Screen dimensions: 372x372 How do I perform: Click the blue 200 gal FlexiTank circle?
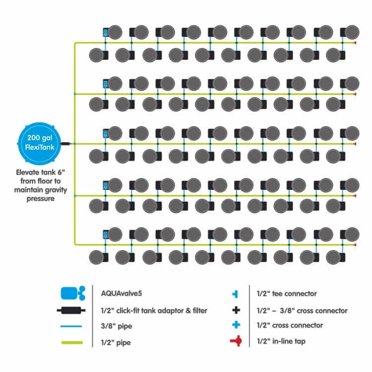[38, 143]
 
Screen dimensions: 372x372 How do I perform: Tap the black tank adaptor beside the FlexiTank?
[67, 143]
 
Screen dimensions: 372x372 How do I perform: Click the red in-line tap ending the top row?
[355, 43]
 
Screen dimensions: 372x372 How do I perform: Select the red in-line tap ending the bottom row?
[355, 244]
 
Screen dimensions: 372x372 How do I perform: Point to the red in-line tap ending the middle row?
[355, 143]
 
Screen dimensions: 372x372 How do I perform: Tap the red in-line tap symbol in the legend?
[237, 341]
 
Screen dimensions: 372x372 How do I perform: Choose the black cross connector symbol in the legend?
[237, 310]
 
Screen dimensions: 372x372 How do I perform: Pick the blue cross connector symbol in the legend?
[237, 325]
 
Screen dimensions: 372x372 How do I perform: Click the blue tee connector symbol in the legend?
[237, 294]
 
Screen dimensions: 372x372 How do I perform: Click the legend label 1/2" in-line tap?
[280, 341]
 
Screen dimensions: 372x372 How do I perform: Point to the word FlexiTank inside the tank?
[38, 148]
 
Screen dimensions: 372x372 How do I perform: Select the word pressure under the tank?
[40, 199]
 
